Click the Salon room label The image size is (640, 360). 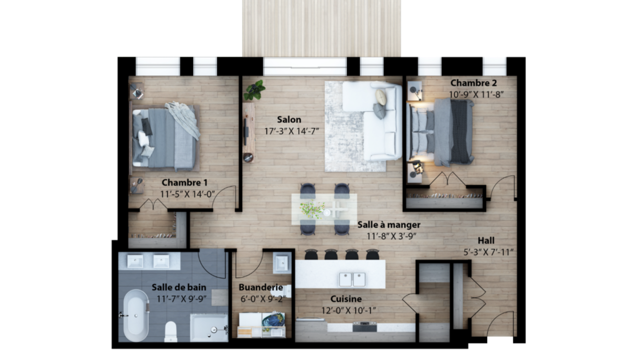289,119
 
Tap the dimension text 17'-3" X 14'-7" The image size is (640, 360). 291,131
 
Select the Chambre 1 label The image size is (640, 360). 185,182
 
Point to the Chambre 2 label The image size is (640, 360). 474,83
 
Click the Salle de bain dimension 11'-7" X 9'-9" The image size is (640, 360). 181,299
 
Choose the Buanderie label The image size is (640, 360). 261,287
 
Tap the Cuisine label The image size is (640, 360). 346,299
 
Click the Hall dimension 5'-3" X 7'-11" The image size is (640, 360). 488,252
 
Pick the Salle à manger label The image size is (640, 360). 389,225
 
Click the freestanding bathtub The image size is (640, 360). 136,315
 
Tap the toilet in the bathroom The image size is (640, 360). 171,332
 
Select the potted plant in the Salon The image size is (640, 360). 254,90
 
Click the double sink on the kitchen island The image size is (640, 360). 352,279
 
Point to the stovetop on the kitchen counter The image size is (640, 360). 365,327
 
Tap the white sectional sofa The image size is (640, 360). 372,121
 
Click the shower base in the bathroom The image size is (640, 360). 209,328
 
